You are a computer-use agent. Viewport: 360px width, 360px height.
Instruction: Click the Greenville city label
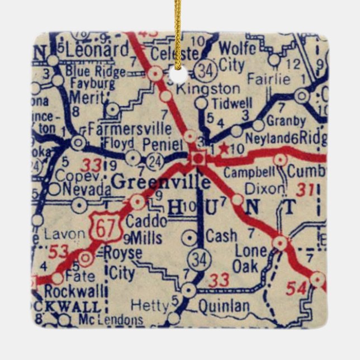pyautogui.click(x=161, y=182)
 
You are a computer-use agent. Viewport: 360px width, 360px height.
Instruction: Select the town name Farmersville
pyautogui.click(x=129, y=129)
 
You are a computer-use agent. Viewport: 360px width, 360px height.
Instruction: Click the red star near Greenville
pyautogui.click(x=224, y=149)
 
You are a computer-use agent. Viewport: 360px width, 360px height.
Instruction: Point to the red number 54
pyautogui.click(x=296, y=288)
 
